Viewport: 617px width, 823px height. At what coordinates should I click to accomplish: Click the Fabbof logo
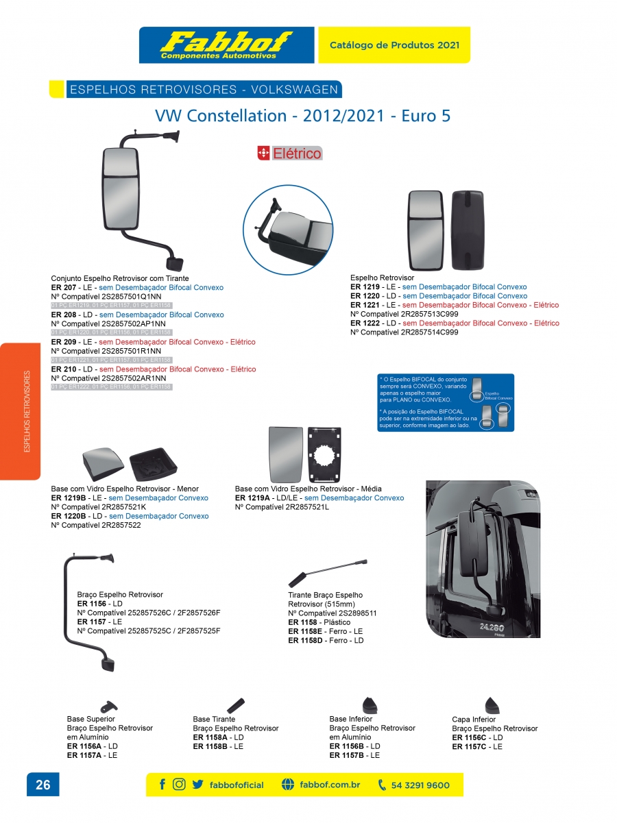[x=226, y=45]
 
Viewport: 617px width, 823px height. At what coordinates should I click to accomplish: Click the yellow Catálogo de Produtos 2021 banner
[x=394, y=45]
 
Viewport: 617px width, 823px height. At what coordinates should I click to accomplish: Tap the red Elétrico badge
[x=289, y=153]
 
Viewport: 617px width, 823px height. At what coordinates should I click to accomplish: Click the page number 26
[x=43, y=785]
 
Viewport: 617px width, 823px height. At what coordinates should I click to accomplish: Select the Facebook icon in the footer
[x=162, y=785]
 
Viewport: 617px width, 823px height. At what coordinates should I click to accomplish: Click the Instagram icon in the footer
[x=179, y=785]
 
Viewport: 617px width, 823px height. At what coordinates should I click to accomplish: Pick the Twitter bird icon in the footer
[x=197, y=785]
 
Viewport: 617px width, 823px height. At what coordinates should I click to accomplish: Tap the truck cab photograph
[x=483, y=558]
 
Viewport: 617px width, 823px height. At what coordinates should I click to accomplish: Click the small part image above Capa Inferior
[x=492, y=705]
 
